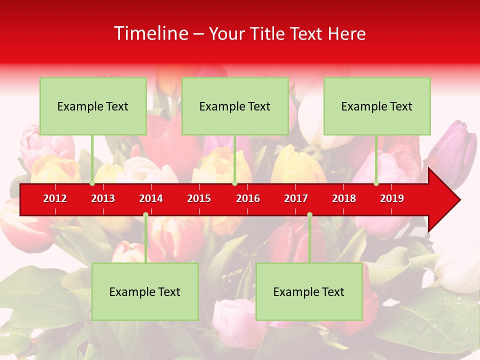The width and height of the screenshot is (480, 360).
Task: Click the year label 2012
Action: (55, 198)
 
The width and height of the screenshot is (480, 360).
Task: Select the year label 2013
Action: (103, 198)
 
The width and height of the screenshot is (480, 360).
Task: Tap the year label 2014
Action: (151, 198)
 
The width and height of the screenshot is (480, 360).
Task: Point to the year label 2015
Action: (199, 198)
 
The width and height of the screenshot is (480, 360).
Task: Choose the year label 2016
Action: (248, 198)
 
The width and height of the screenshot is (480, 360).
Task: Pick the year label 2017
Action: (296, 198)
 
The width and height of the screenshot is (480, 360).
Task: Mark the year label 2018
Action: (344, 198)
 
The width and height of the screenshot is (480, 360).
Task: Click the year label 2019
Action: (392, 198)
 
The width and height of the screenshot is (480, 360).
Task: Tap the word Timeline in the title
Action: (150, 33)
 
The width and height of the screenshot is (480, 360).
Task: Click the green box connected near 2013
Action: (93, 106)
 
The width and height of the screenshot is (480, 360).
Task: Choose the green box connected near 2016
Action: (235, 106)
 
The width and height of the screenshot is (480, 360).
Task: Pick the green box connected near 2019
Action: (377, 106)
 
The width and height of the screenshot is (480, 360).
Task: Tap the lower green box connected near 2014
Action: (145, 291)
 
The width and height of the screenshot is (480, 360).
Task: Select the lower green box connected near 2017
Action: (309, 291)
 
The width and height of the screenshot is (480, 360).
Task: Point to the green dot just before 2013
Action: (92, 183)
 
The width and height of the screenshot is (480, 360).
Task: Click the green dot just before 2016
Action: (234, 183)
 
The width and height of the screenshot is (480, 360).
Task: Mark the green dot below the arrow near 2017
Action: (309, 215)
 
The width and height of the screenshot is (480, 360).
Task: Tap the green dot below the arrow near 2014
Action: (145, 215)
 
